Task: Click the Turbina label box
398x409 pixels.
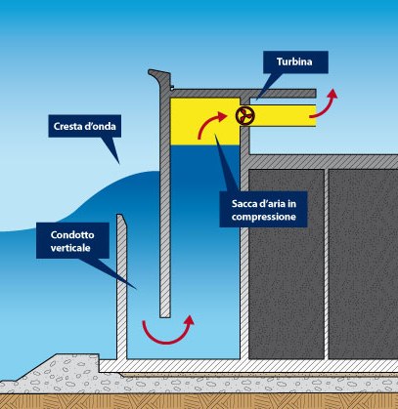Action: pyautogui.click(x=295, y=61)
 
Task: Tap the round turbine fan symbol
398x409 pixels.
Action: pyautogui.click(x=244, y=115)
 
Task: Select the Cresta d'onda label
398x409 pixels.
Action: pyautogui.click(x=85, y=126)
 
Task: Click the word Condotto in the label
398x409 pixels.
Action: pyautogui.click(x=72, y=234)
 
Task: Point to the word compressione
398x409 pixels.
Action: pyautogui.click(x=264, y=217)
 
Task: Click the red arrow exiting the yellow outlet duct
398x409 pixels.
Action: pyautogui.click(x=325, y=104)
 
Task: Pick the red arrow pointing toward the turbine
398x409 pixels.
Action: pyautogui.click(x=210, y=124)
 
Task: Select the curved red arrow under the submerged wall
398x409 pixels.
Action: pyautogui.click(x=168, y=332)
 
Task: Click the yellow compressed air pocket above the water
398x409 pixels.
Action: pyautogui.click(x=205, y=122)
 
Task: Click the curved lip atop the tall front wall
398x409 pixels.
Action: pyautogui.click(x=159, y=76)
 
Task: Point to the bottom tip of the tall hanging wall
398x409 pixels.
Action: pyautogui.click(x=165, y=315)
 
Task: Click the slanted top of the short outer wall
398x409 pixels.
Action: pyautogui.click(x=121, y=219)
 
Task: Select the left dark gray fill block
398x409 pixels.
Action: pyautogui.click(x=287, y=264)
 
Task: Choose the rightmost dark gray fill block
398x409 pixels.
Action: pyautogui.click(x=363, y=264)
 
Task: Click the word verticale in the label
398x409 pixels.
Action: pyautogui.click(x=70, y=248)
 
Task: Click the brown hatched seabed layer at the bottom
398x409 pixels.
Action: pyautogui.click(x=199, y=401)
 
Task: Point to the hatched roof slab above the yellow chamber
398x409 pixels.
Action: pyautogui.click(x=243, y=94)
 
